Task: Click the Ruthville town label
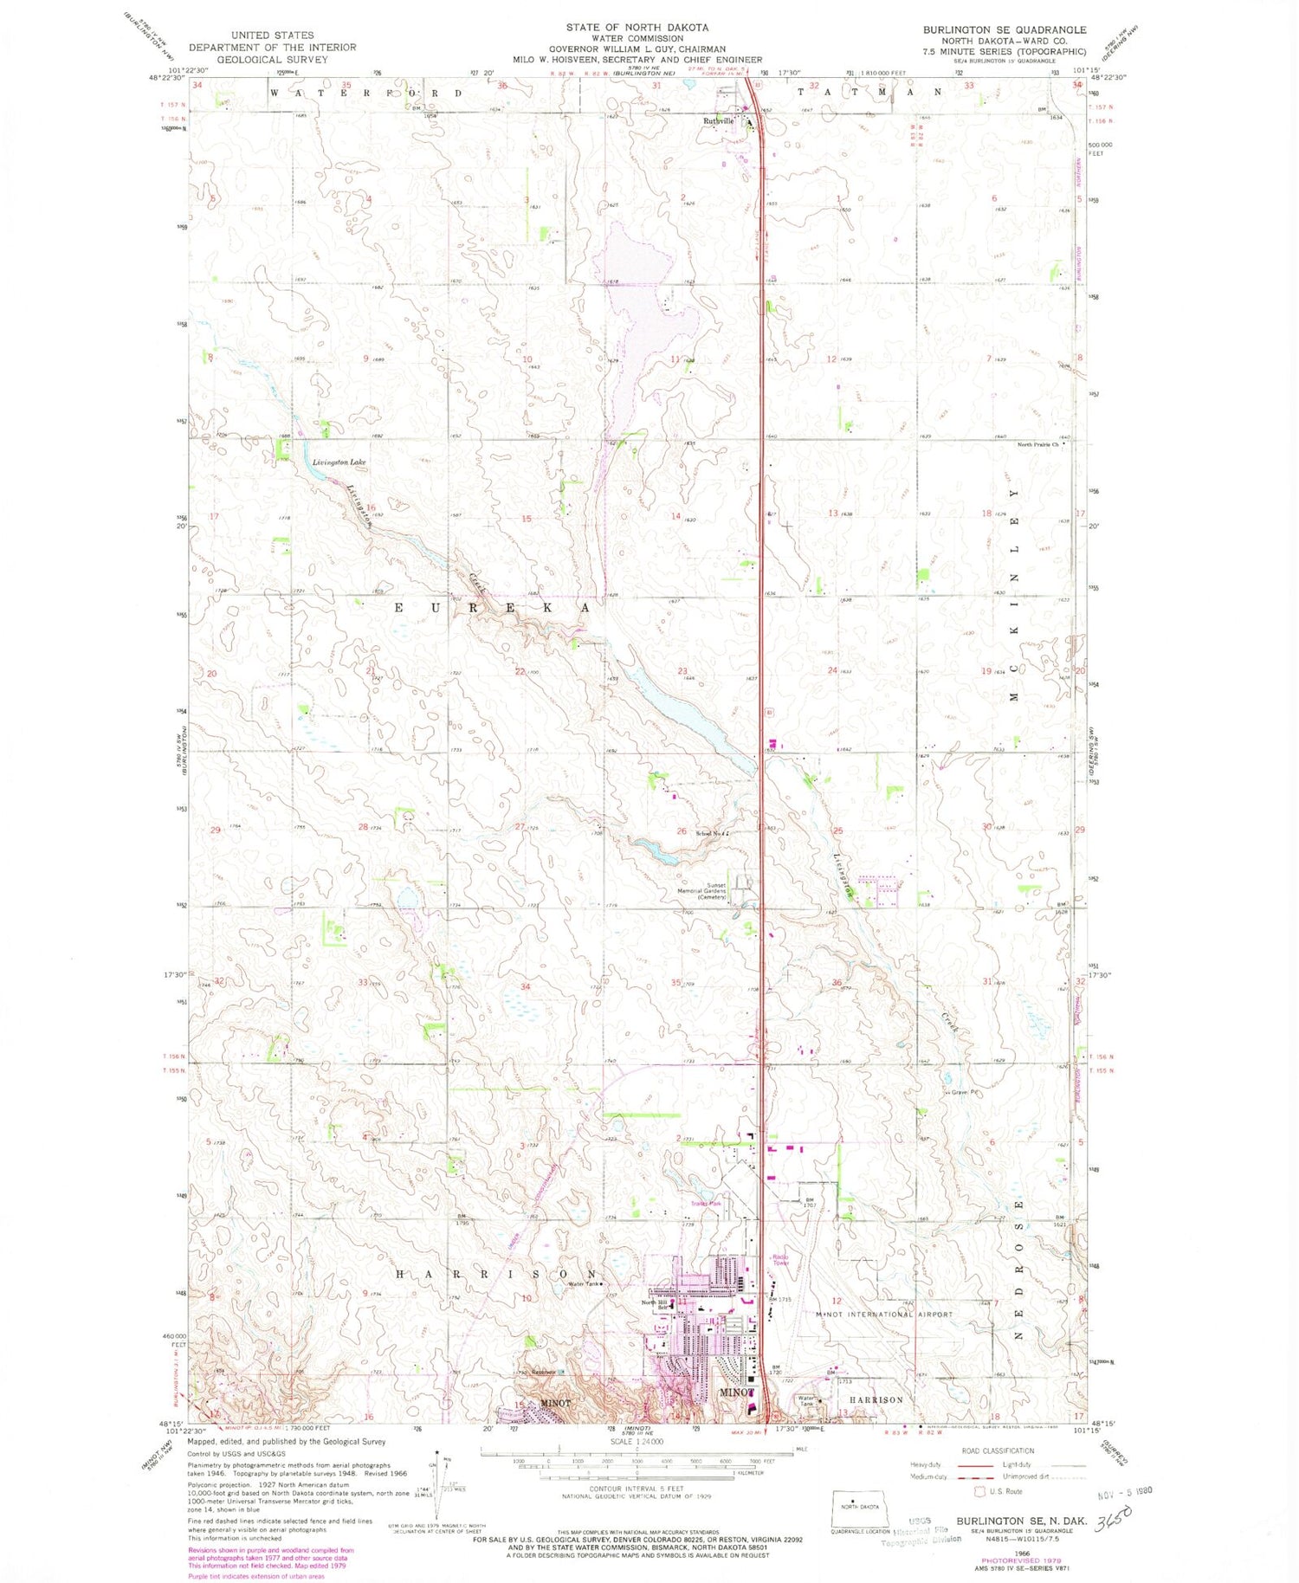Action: (x=717, y=121)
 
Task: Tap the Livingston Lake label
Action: (x=339, y=462)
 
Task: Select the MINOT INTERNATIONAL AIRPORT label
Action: (x=884, y=1314)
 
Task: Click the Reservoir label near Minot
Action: (x=542, y=1372)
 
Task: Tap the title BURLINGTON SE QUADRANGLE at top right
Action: (x=1004, y=29)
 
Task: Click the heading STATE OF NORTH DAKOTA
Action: (x=637, y=28)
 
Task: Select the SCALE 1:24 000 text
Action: (x=637, y=1441)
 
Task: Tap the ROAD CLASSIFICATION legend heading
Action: (x=998, y=1451)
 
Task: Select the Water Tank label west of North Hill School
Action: (x=584, y=1284)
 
